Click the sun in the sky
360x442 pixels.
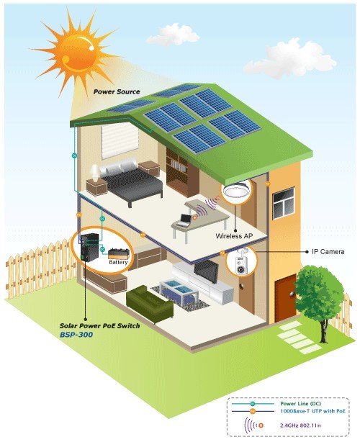76,53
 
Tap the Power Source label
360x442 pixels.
117,91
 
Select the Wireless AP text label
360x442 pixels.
234,236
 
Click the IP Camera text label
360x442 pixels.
328,251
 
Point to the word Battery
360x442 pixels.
118,262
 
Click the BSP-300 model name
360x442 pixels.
76,335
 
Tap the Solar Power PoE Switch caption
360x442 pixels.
99,326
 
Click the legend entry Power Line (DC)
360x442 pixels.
300,404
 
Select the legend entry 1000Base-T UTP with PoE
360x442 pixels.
312,411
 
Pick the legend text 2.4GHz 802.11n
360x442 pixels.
300,425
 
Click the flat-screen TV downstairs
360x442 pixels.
207,271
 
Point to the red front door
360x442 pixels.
286,297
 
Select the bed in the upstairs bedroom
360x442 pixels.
127,181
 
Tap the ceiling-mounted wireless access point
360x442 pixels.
237,190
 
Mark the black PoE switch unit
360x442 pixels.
89,247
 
